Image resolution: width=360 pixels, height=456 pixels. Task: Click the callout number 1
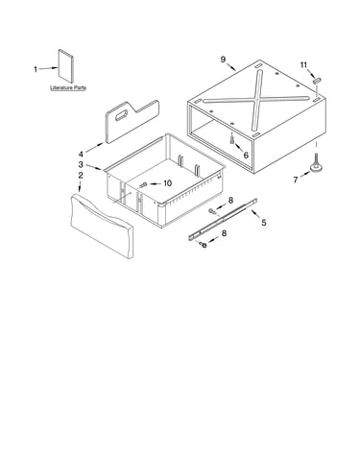coord(36,69)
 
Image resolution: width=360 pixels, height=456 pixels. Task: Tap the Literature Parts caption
coord(68,87)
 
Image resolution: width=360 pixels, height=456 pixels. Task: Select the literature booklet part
coord(66,66)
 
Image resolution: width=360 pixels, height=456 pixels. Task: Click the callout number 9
coord(223,60)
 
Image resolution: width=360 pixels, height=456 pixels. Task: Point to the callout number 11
coord(303,65)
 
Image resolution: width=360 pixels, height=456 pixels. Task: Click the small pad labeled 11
coord(317,80)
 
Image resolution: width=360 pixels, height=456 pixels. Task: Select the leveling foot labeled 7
coord(317,163)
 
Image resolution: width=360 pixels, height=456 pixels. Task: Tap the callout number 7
coord(296,180)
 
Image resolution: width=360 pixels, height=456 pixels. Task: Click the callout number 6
coord(246,156)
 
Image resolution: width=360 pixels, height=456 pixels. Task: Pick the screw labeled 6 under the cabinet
coord(232,139)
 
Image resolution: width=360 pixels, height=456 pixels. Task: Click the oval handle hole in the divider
coord(122,115)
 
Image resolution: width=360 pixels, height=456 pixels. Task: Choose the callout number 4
coord(81,155)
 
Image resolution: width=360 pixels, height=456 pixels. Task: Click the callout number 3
coord(81,164)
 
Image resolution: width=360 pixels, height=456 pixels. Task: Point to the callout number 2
coord(81,175)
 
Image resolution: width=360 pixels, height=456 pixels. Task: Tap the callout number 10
coord(168,183)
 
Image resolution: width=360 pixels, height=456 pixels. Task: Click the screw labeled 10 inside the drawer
coord(143,184)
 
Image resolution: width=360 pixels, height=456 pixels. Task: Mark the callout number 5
coord(264,223)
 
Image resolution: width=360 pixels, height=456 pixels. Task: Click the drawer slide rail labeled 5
coord(223,219)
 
